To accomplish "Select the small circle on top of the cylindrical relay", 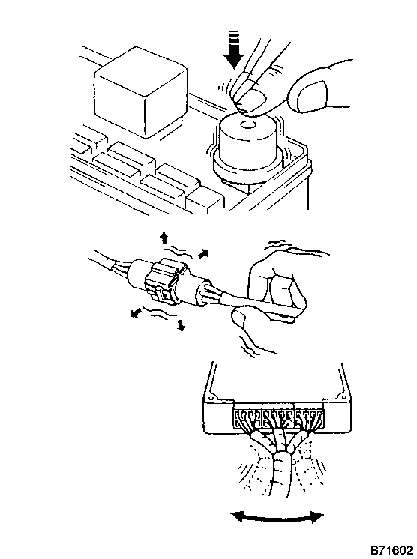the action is point(247,125).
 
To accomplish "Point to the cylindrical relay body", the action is point(250,146).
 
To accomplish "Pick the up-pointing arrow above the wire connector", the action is point(163,238).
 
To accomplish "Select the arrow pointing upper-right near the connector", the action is point(203,253).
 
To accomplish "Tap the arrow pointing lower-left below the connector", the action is point(136,313).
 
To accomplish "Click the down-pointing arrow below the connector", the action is point(181,325).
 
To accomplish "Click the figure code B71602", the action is point(391,550).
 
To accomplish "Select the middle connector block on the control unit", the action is point(278,417).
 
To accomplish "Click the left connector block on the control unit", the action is point(248,417).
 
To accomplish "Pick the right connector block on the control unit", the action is point(309,417).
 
